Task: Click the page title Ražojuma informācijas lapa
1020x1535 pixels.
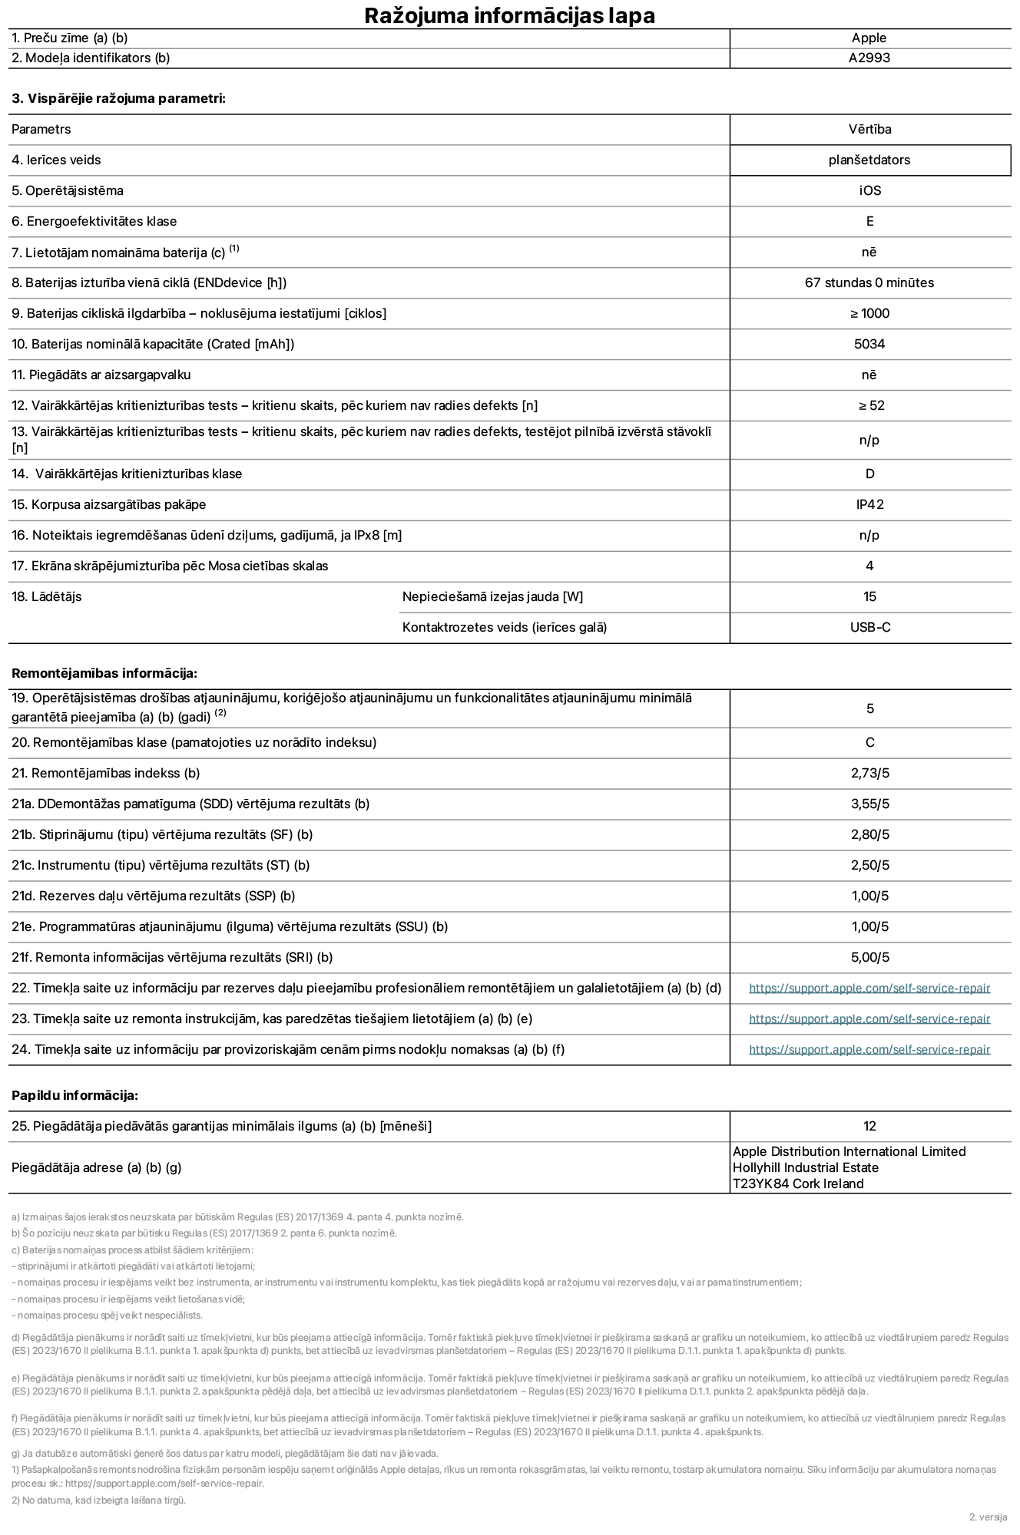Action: pos(509,15)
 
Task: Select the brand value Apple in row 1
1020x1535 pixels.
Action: pos(869,38)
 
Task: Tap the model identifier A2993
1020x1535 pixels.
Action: pos(869,58)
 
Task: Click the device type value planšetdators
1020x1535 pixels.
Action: pos(869,160)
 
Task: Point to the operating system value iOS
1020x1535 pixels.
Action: pos(869,190)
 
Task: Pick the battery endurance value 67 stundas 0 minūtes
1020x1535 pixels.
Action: pos(869,282)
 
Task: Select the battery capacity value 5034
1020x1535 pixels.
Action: pos(869,344)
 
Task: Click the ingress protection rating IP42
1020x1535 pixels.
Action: pos(869,504)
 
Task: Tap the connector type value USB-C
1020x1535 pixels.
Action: pos(869,627)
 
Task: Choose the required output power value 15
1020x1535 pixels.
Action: pos(869,596)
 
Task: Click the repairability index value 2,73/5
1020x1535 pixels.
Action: pos(869,773)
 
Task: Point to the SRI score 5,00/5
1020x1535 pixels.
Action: pos(869,957)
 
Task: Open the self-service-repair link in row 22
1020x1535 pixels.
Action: pos(869,988)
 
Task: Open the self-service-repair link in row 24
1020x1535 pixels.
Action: pos(869,1049)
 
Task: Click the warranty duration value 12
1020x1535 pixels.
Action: pos(869,1126)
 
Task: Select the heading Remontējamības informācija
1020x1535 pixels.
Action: pos(104,673)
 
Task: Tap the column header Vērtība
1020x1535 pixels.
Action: pos(869,129)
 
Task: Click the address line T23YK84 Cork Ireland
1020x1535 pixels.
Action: pos(797,1183)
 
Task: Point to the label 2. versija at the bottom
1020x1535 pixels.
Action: pos(987,1517)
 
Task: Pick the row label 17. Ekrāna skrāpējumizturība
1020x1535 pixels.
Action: pos(170,566)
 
